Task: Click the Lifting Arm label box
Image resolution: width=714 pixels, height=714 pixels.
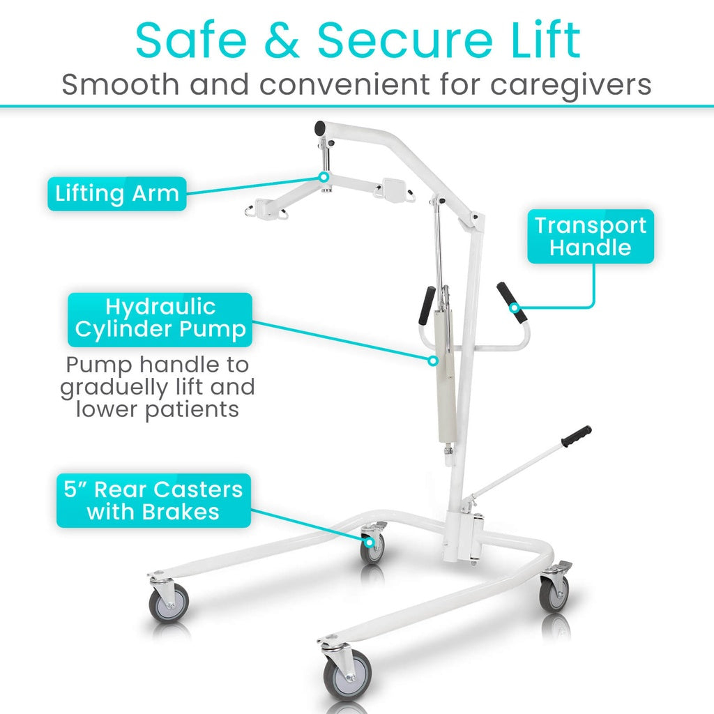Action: (116, 193)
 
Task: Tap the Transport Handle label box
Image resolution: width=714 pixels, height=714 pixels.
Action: (590, 236)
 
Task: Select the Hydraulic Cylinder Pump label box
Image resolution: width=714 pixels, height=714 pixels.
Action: (160, 319)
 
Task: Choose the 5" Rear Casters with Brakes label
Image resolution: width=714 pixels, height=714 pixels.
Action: (153, 501)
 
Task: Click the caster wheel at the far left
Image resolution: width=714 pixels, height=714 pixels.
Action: (169, 602)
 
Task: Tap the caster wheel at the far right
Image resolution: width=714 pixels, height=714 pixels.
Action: (554, 593)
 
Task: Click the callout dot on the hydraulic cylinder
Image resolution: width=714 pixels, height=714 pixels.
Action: (434, 360)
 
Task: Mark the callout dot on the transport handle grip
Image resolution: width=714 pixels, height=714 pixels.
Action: (515, 307)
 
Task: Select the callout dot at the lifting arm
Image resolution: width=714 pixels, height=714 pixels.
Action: (324, 177)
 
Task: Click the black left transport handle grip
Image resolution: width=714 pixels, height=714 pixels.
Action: (426, 305)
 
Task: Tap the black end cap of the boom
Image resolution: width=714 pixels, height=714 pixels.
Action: (320, 128)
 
